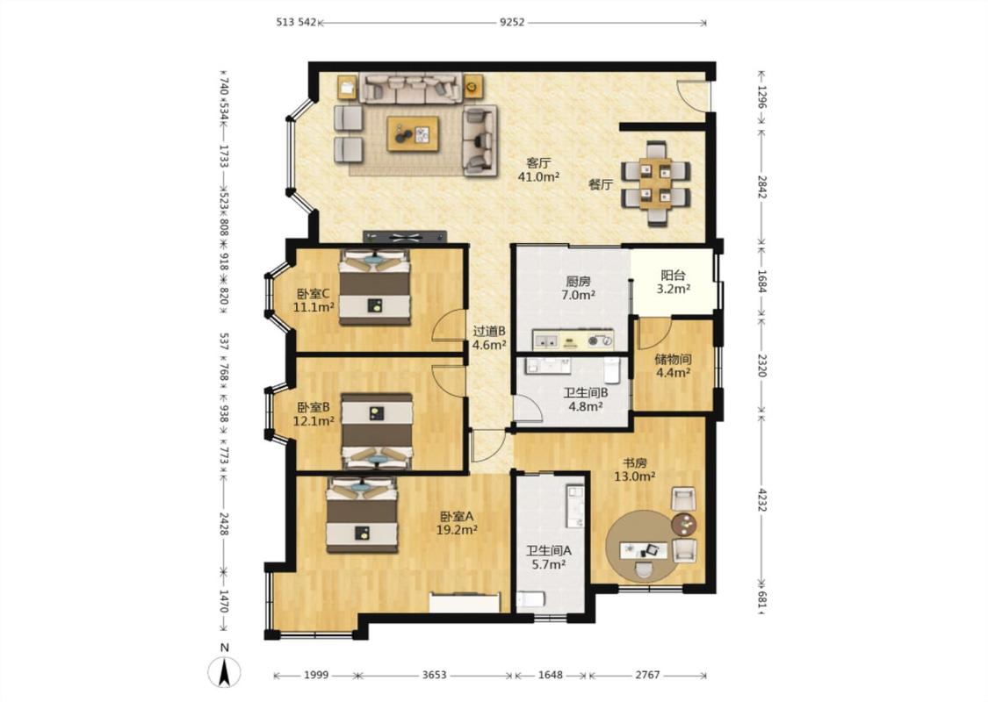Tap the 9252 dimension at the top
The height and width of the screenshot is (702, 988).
click(512, 23)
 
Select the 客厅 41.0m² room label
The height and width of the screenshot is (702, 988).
click(538, 170)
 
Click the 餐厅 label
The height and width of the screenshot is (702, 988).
click(601, 184)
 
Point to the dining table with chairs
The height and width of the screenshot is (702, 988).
click(656, 183)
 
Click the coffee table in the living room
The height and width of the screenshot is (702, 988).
click(414, 133)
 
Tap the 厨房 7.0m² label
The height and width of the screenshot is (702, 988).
click(579, 288)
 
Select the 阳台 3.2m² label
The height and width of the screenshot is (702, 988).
click(673, 282)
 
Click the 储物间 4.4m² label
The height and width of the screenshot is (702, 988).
click(673, 366)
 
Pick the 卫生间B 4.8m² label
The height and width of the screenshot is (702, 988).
click(586, 399)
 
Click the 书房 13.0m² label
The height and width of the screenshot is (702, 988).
click(634, 469)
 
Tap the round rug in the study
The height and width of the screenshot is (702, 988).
click(644, 548)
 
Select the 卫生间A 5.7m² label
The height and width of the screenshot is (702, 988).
click(549, 557)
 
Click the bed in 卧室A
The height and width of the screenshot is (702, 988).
click(362, 514)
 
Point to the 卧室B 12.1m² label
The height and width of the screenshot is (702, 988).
click(314, 413)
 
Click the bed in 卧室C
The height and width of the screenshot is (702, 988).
click(375, 287)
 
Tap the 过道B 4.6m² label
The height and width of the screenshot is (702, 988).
click(489, 338)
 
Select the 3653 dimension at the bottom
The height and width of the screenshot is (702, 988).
click(434, 675)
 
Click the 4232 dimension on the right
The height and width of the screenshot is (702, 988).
click(761, 499)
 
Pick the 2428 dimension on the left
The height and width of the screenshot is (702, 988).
click(224, 523)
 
